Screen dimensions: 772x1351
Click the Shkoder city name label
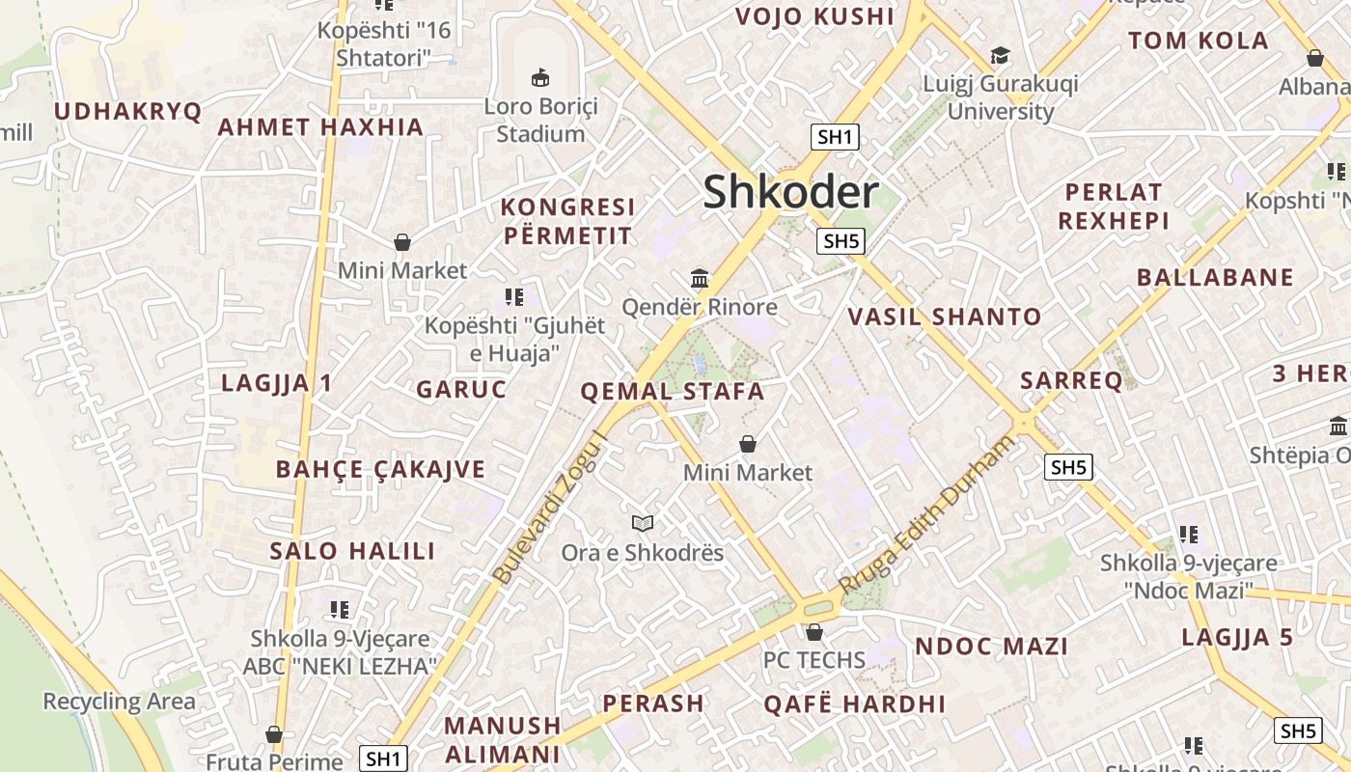790,191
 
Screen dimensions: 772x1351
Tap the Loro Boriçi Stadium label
540,120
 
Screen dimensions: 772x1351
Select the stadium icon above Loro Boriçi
540,76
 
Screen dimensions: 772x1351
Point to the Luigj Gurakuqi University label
1001,96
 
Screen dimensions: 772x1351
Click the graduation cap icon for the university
1000,55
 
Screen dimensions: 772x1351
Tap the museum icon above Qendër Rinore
700,278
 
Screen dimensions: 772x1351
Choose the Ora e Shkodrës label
642,553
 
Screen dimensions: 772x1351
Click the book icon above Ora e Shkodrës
643,523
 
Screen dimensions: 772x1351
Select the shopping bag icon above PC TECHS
814,632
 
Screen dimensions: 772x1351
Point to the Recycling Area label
119,702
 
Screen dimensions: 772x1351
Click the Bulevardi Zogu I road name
551,508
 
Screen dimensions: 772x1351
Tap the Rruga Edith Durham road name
927,514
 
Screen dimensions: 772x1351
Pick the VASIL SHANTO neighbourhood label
944,317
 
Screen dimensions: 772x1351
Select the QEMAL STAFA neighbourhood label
672,392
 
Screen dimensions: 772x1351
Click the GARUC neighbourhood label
461,389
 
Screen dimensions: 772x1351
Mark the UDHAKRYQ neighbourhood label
127,111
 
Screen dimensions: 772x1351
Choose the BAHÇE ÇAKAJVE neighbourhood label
380,469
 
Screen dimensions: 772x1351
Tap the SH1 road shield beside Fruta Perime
383,758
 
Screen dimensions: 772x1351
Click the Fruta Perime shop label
274,761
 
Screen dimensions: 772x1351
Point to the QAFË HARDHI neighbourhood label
854,703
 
